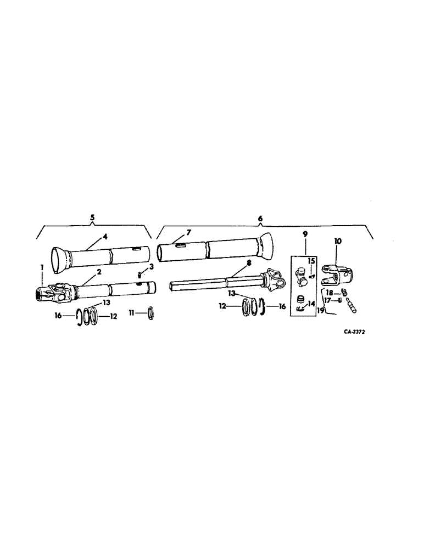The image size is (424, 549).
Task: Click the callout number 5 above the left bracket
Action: (92, 218)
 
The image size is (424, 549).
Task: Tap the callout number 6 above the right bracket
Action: (260, 218)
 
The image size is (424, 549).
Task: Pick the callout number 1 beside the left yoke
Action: (41, 267)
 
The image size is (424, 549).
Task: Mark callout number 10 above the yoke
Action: (337, 242)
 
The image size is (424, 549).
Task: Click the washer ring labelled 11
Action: (149, 315)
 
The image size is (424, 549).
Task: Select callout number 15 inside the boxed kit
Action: (310, 261)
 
